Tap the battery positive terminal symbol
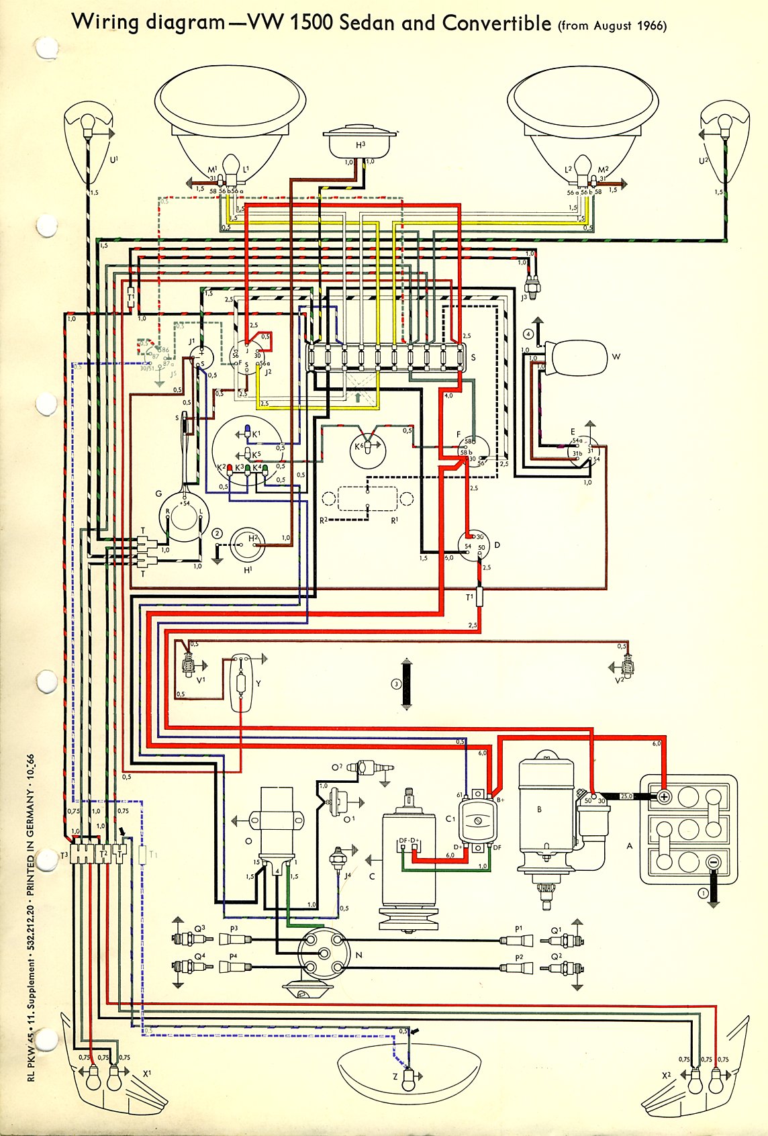[663, 797]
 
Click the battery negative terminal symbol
[714, 861]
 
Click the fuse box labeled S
[385, 357]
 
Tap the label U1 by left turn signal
[113, 160]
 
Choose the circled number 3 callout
[396, 684]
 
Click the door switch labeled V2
[628, 666]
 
